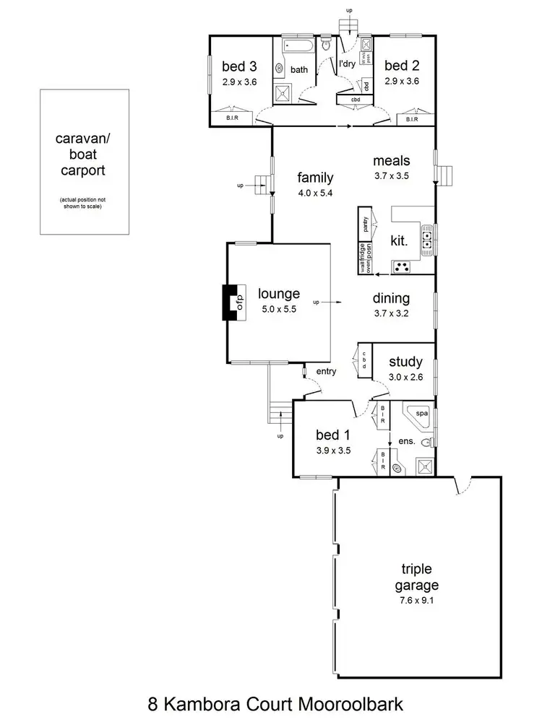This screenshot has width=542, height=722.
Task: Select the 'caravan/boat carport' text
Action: tap(84, 155)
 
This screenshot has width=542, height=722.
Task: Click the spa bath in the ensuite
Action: tap(415, 417)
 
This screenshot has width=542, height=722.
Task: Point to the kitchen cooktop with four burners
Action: tap(402, 267)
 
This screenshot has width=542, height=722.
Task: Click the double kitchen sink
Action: tap(427, 240)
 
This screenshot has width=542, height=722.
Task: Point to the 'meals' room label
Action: tap(392, 160)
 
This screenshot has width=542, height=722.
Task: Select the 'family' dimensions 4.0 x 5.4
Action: tap(315, 193)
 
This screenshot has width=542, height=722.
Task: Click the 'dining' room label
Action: tap(391, 298)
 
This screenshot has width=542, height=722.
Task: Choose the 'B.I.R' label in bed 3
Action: tap(233, 119)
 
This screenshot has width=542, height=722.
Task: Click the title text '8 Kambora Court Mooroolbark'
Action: tap(271, 701)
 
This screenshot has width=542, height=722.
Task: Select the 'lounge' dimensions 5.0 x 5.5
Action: tap(279, 308)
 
